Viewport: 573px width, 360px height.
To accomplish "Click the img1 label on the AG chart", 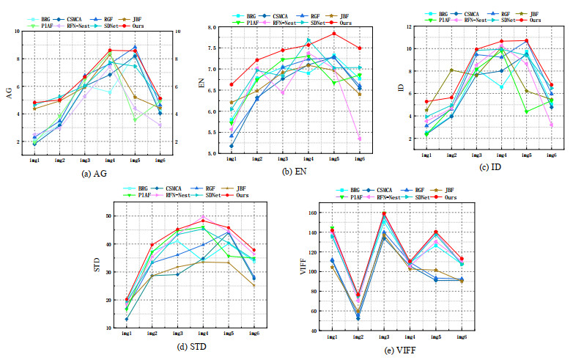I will click(34, 158).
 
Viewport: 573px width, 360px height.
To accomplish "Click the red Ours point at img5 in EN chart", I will click(333, 33).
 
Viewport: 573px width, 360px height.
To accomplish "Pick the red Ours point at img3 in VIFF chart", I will click(384, 213).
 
